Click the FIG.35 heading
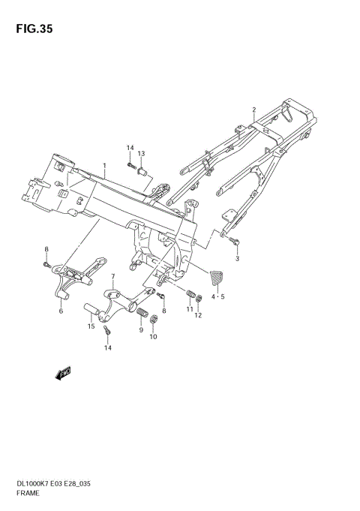click(x=34, y=29)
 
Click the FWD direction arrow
click(x=63, y=374)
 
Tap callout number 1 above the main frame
click(x=104, y=166)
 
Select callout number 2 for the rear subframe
click(x=254, y=110)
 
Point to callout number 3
click(x=237, y=259)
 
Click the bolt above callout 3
click(x=234, y=242)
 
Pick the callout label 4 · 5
click(x=218, y=297)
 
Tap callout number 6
click(x=61, y=311)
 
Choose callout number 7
click(x=113, y=276)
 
